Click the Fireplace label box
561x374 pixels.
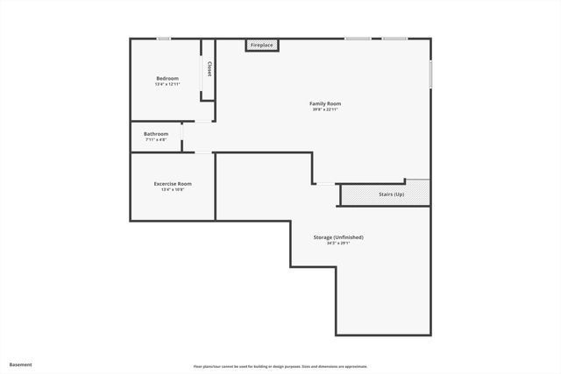(x=261, y=45)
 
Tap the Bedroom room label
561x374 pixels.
(x=167, y=78)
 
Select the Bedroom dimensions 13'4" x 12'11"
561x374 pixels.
(x=167, y=85)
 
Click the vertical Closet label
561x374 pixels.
(x=209, y=68)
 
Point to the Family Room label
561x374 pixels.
(x=324, y=103)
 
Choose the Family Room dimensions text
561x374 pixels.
(x=324, y=109)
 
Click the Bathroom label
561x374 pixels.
(x=156, y=134)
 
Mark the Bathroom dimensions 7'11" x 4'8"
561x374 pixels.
(x=156, y=140)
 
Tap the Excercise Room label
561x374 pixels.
(x=173, y=184)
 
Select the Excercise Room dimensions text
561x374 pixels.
(x=173, y=190)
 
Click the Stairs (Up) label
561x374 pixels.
(x=391, y=194)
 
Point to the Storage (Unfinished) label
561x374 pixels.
(x=338, y=237)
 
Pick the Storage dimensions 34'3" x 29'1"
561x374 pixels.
(x=338, y=243)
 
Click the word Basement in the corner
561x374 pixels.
(x=21, y=364)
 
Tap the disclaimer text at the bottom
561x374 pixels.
(x=280, y=366)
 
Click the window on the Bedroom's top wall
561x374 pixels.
(x=163, y=39)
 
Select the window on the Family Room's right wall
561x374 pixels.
(x=430, y=74)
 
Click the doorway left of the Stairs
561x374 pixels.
(x=326, y=184)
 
